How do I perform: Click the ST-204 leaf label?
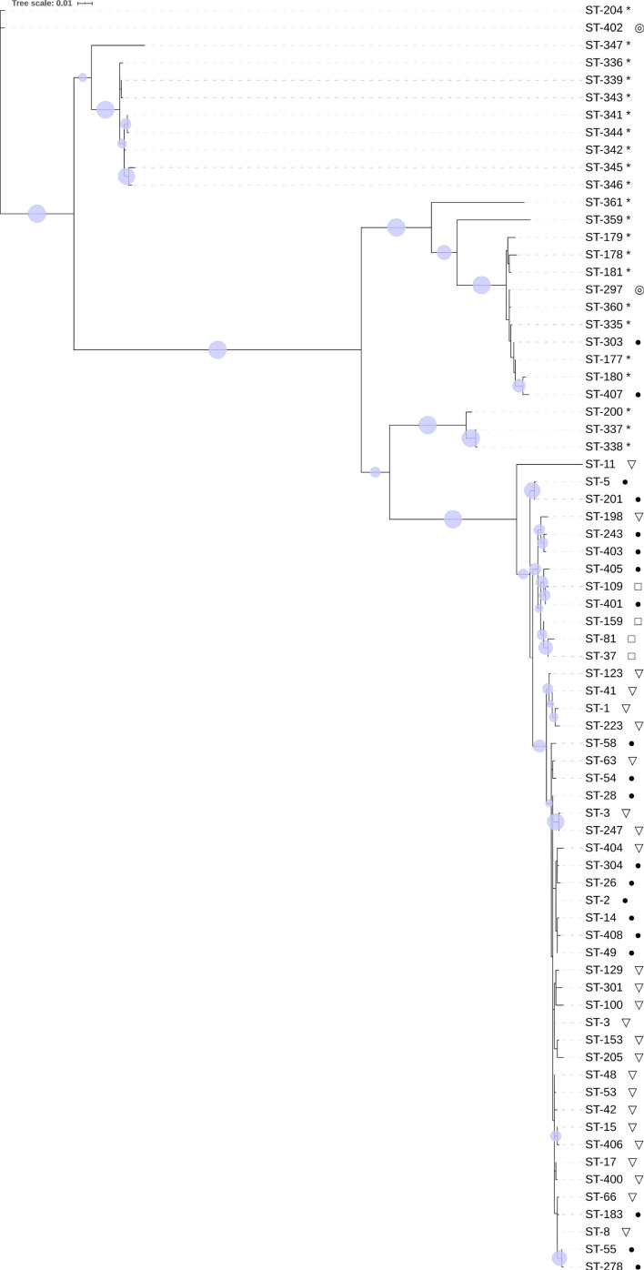pos(603,10)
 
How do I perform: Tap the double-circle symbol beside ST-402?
pos(639,28)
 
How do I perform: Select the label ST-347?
pos(603,45)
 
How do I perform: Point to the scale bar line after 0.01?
pos(85,4)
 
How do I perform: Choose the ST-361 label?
pos(603,202)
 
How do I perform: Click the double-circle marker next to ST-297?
pos(639,290)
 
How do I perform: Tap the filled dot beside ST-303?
pos(639,342)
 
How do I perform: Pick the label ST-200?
pos(603,412)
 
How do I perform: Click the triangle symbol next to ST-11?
pos(630,465)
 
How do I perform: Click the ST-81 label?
pos(599,639)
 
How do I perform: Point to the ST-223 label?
pos(603,726)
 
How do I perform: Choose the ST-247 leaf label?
pos(603,831)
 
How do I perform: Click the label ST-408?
pos(603,935)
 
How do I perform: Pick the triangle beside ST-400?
pos(639,1180)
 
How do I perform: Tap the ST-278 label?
pos(603,1265)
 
